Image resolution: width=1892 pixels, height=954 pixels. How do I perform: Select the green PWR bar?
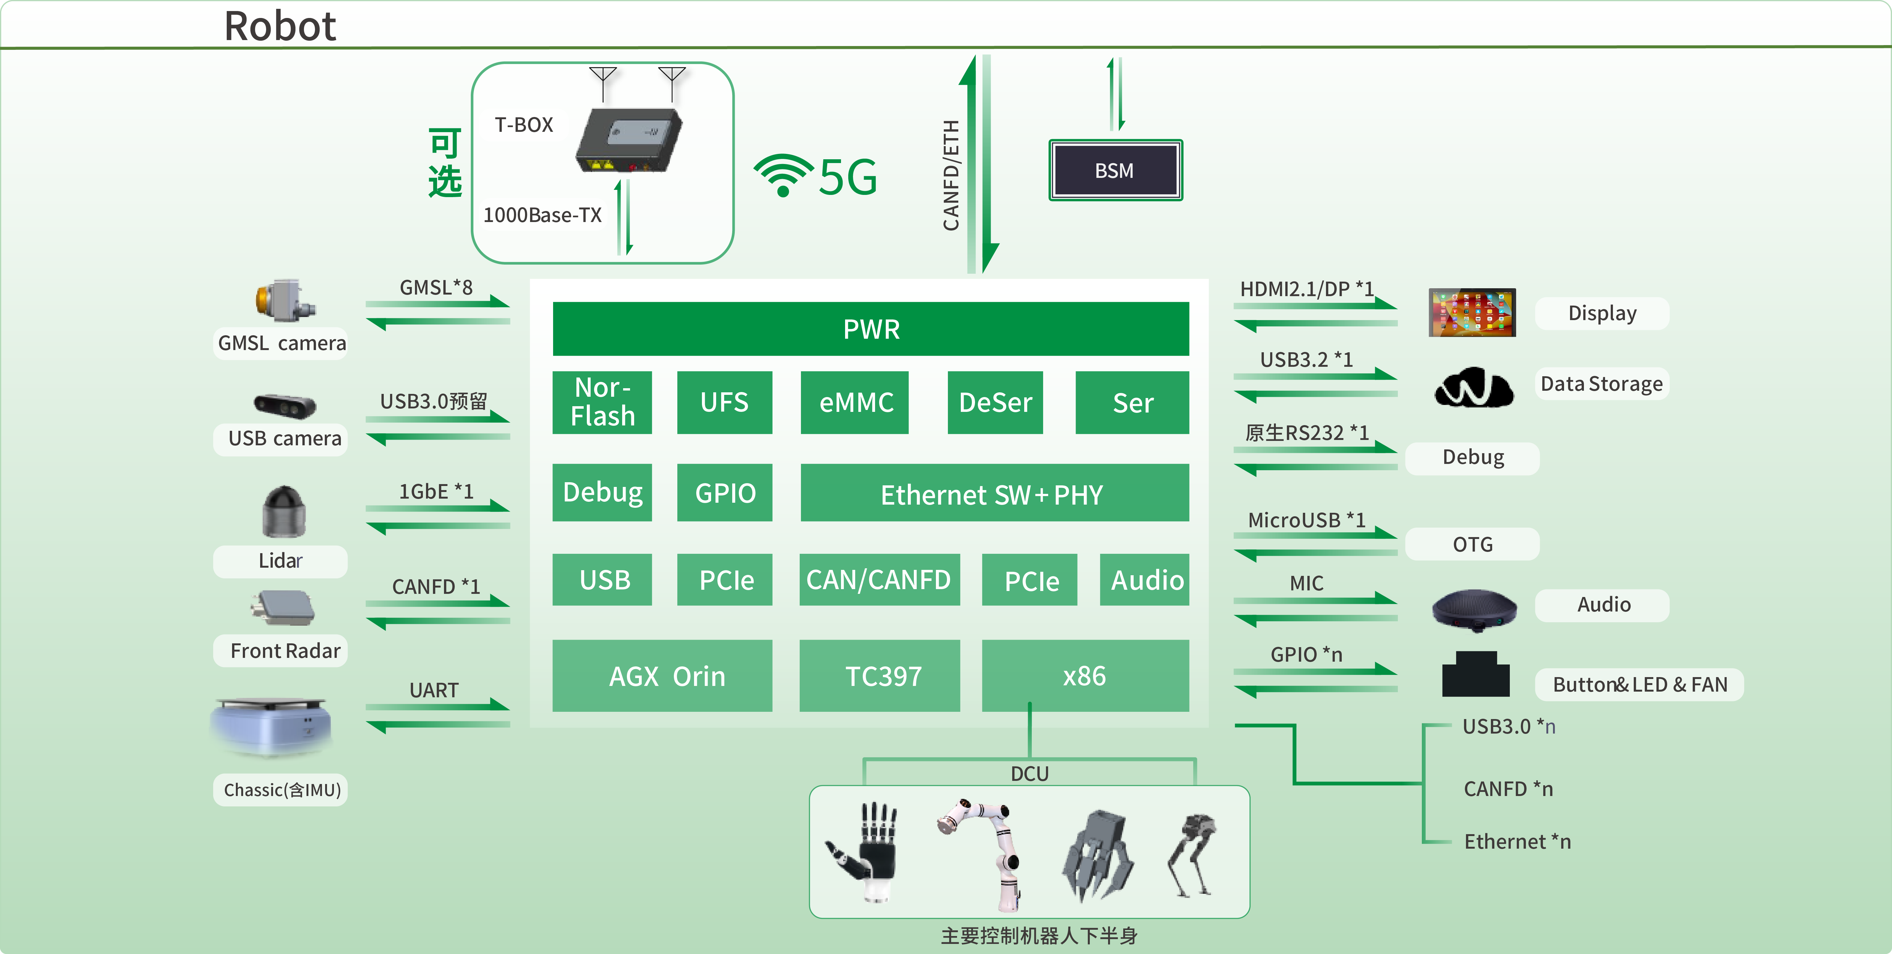pos(870,329)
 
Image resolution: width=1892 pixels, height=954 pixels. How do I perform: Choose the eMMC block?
pos(855,402)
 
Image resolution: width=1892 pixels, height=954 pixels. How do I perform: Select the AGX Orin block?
pos(663,676)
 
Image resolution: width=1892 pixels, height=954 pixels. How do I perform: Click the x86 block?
pos(1085,676)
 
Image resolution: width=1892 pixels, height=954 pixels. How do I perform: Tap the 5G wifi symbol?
pos(783,175)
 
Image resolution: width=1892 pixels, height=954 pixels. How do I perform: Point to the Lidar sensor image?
pos(283,512)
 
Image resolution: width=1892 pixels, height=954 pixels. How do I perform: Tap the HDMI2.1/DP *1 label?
pos(1306,289)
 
